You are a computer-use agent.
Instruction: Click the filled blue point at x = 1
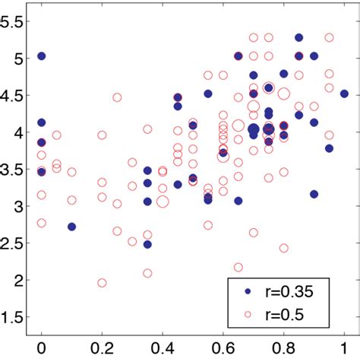344,94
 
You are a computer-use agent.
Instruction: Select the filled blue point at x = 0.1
71,227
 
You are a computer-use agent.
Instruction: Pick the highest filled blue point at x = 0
42,56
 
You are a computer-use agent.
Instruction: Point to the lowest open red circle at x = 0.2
102,283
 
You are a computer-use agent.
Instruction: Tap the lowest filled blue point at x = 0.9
314,194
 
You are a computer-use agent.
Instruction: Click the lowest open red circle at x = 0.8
284,248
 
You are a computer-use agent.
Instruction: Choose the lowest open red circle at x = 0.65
238,267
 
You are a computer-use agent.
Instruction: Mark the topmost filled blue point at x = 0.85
298,37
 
